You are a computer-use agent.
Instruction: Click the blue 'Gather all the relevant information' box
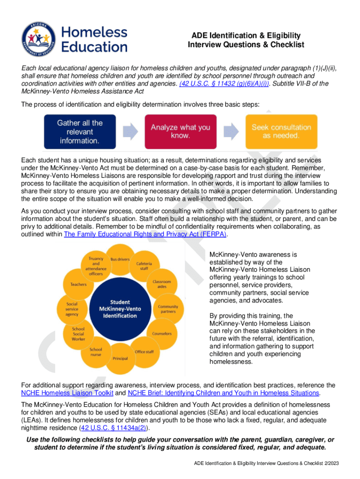79,131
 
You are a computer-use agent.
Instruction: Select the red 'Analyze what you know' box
180,131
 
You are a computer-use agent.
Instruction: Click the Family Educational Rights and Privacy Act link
145,234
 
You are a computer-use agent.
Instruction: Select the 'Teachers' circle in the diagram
78,284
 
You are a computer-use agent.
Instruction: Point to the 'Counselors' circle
162,334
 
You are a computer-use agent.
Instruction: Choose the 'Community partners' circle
168,309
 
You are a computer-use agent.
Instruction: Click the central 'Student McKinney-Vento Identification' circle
120,309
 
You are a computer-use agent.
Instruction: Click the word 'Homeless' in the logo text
94,32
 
